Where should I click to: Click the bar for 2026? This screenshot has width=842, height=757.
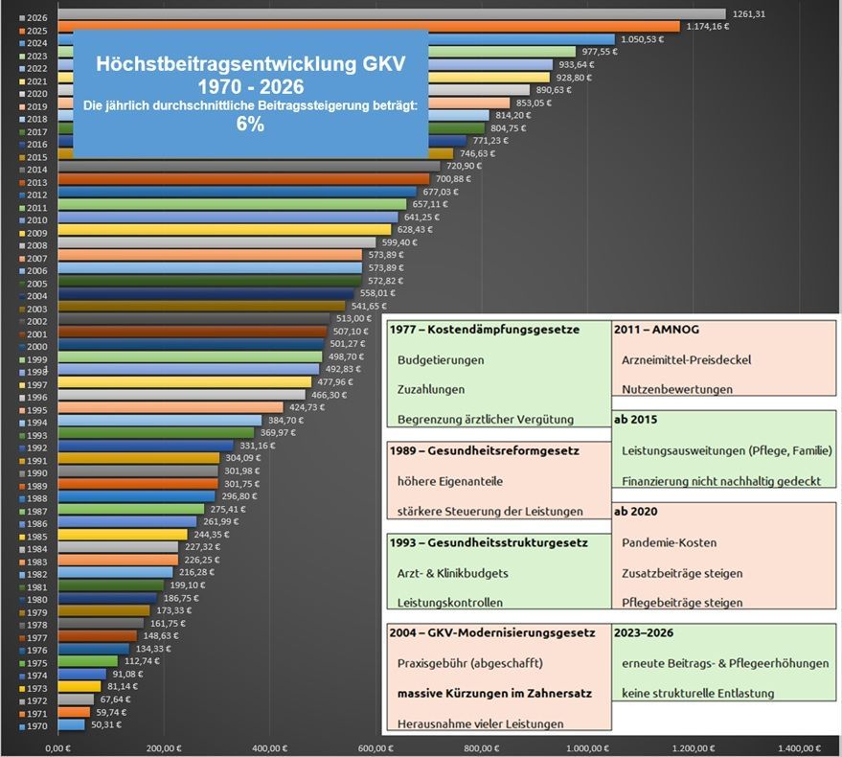point(383,14)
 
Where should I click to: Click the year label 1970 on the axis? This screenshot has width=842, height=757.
point(37,727)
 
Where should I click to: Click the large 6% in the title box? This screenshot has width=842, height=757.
point(251,125)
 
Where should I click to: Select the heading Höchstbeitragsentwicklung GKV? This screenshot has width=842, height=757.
point(251,64)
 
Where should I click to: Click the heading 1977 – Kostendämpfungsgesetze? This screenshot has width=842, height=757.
point(485,330)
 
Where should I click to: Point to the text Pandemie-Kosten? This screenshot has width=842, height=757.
point(669,542)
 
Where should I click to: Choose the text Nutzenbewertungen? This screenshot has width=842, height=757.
point(677,389)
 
